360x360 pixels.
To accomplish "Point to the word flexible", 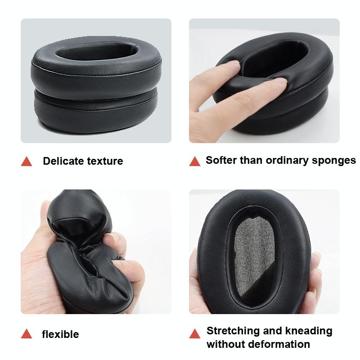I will pyautogui.click(x=60, y=334).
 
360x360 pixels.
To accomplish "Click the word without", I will pyautogui.click(x=224, y=345).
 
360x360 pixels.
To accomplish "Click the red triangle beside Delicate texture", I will pyautogui.click(x=27, y=161).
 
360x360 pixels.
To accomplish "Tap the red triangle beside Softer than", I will pyautogui.click(x=195, y=161).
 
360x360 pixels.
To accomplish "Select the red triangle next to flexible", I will pyautogui.click(x=27, y=334).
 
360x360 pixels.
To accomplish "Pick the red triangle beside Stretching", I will pyautogui.click(x=195, y=334).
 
